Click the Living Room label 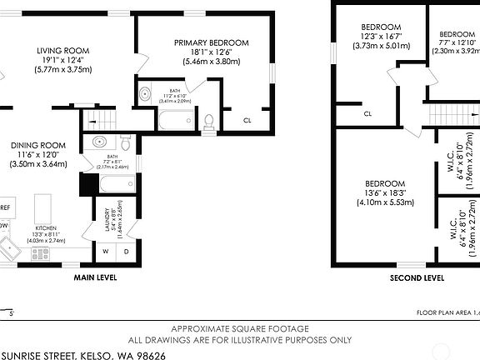[x=62, y=50]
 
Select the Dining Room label [x=39, y=144]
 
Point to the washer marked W [x=106, y=251]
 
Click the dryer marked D [x=126, y=251]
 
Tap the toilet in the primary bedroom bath [x=207, y=122]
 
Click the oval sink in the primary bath [x=145, y=94]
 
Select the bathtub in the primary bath [x=171, y=123]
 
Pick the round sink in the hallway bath [x=98, y=141]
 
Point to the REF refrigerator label [x=5, y=207]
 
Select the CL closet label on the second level [x=367, y=113]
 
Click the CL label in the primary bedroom [x=247, y=120]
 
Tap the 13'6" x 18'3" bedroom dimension [x=385, y=192]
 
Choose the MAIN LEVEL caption [x=95, y=277]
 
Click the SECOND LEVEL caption [x=417, y=277]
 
